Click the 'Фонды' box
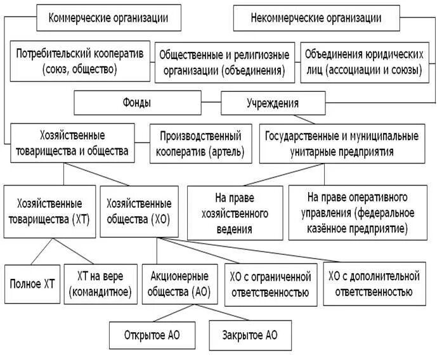[138, 101]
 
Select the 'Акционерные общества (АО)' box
[180, 284]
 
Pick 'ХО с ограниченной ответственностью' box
[270, 284]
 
